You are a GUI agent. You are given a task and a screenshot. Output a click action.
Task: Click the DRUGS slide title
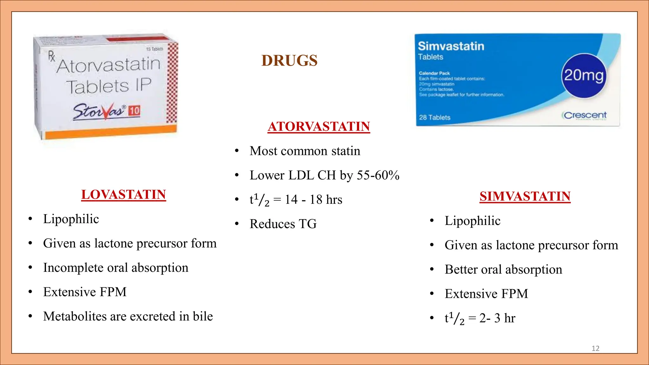[289, 61]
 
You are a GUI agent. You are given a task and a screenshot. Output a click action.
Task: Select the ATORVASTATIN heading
[319, 126]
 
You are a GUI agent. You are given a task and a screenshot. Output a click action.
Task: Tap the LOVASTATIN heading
[124, 195]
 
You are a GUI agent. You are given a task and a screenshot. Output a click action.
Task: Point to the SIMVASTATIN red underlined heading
[525, 196]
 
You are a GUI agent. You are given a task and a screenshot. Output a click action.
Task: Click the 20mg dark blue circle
[584, 76]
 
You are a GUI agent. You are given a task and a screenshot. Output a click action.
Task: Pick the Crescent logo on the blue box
[585, 115]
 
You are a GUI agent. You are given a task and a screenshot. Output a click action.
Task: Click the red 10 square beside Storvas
[134, 111]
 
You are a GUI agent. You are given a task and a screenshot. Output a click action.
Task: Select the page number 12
[595, 349]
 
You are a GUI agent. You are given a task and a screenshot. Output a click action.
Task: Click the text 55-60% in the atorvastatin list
[378, 175]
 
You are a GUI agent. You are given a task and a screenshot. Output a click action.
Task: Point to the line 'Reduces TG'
[283, 224]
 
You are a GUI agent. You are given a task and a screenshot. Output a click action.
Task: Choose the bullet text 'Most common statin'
[305, 151]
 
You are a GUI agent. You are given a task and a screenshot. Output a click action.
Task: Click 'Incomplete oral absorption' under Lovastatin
[116, 268]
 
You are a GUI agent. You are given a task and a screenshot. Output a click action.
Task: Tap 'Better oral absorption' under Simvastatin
[503, 270]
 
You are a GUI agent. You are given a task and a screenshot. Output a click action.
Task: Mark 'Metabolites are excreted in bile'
[128, 317]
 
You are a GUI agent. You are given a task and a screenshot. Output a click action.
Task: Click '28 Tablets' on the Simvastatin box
[434, 118]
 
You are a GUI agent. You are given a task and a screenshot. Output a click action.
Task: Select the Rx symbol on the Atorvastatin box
[52, 56]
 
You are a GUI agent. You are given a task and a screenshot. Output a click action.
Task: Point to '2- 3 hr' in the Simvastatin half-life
[497, 318]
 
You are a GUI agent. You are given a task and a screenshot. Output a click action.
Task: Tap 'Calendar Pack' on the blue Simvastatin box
[434, 73]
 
